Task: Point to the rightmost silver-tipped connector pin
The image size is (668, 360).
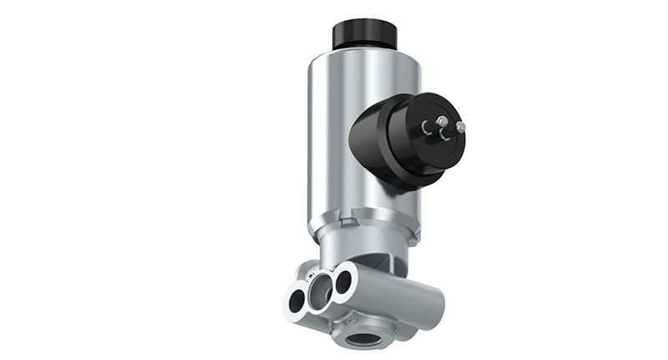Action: (460, 127)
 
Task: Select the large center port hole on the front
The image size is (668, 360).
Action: (318, 292)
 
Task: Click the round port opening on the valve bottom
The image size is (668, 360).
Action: (365, 338)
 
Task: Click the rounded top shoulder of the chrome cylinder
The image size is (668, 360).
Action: (334, 56)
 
